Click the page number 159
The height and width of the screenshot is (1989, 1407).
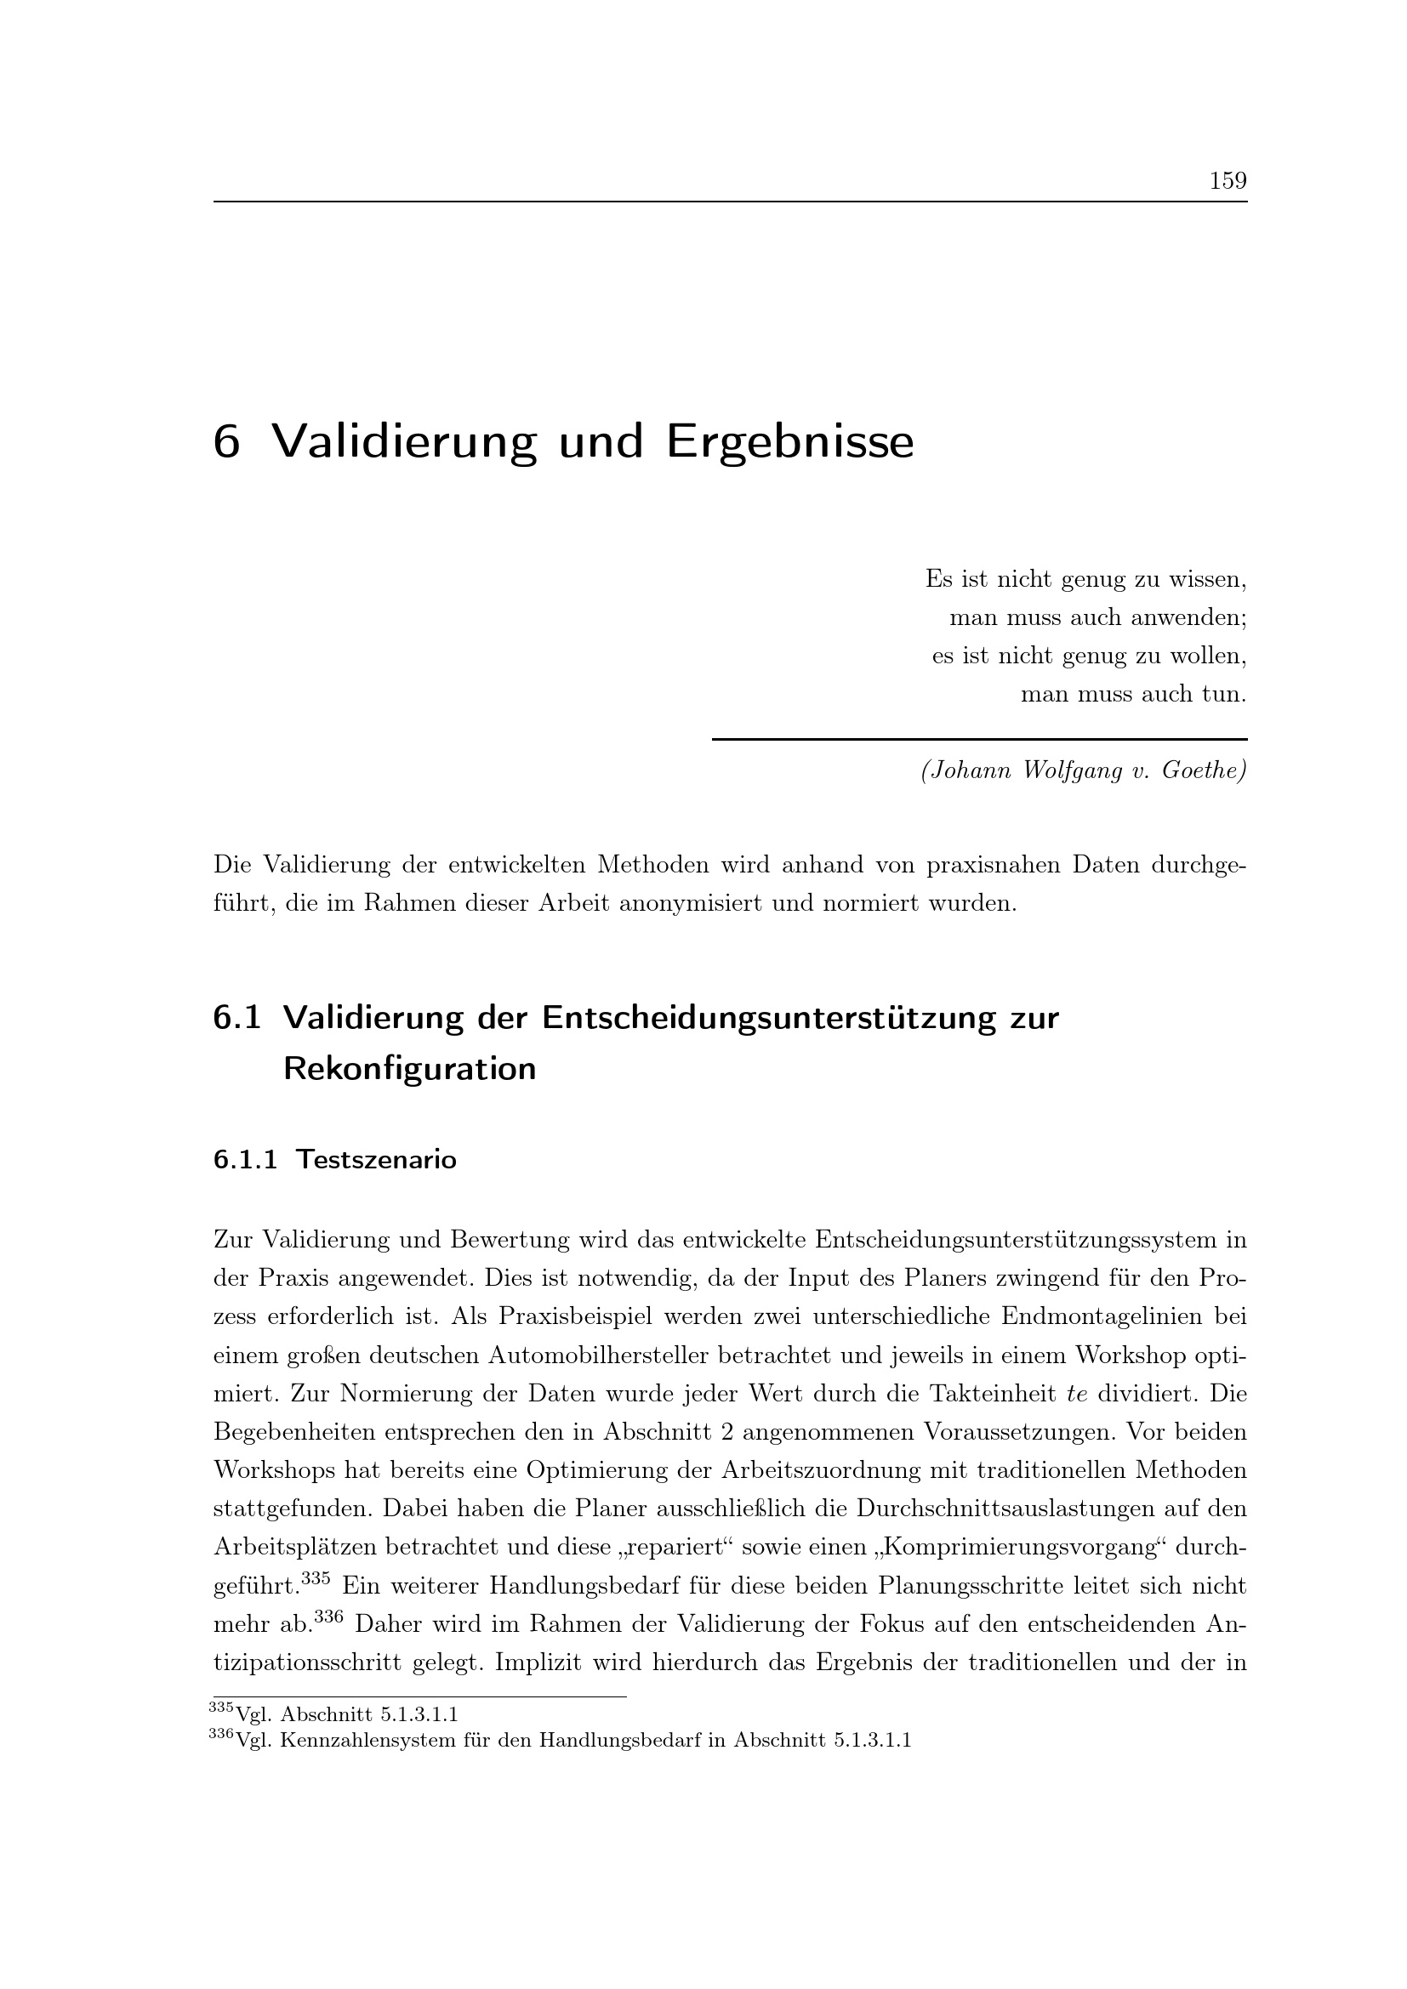pyautogui.click(x=1228, y=181)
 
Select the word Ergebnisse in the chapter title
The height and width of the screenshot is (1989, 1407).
pyautogui.click(x=789, y=444)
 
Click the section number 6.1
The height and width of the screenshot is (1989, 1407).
pyautogui.click(x=236, y=1018)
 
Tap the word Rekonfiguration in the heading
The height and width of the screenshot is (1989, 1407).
pyautogui.click(x=410, y=1070)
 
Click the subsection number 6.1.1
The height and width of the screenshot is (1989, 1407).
pyautogui.click(x=245, y=1159)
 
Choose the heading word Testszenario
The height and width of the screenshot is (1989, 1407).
pyautogui.click(x=376, y=1159)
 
